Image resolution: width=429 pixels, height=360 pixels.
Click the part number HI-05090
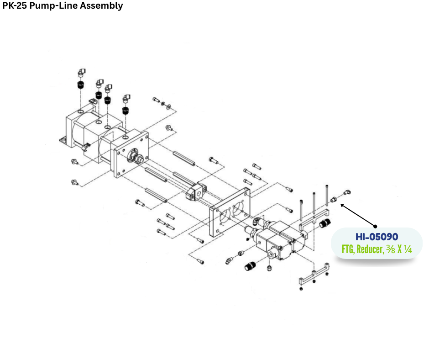coord(377,237)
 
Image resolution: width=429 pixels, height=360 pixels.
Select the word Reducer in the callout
coord(370,249)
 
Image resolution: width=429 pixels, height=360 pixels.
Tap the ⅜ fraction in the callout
coord(390,249)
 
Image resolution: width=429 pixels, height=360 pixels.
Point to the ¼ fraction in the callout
coord(408,249)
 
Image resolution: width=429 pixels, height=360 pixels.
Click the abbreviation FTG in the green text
coord(348,249)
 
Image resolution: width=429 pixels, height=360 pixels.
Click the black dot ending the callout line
coord(375,226)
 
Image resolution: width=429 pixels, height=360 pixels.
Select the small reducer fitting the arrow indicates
coord(334,199)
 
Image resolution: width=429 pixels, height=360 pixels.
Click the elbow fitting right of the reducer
coord(347,192)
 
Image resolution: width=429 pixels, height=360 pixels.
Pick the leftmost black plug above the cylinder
coord(80,85)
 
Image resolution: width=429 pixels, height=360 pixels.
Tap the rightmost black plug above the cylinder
coord(126,111)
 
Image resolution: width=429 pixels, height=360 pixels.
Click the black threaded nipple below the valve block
coord(250,266)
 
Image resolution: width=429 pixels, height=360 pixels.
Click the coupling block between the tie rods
coord(196,191)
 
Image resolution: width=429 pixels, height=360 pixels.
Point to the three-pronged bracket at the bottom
coord(314,275)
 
